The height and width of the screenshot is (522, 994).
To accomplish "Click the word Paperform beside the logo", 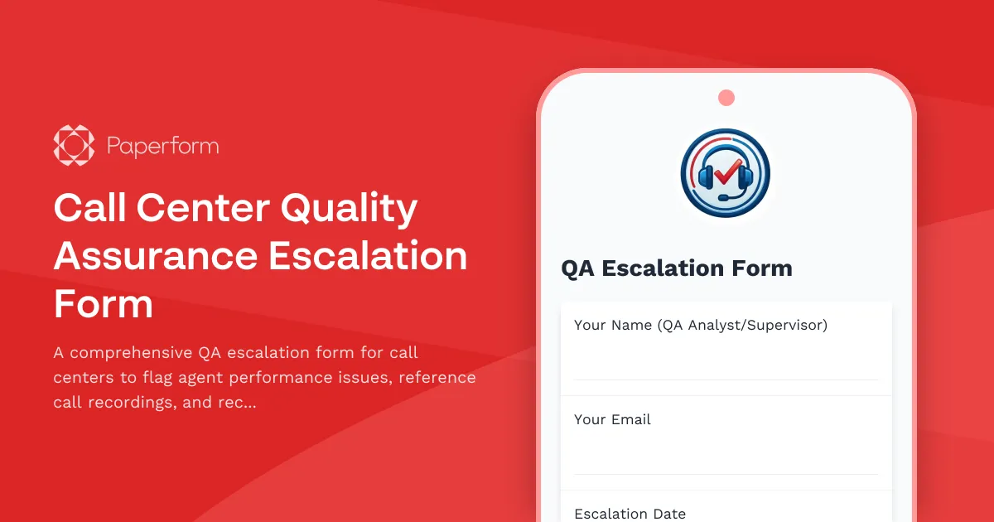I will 162,147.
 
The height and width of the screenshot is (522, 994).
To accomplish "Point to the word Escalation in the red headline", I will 368,256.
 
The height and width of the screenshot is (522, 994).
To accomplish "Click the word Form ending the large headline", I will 104,304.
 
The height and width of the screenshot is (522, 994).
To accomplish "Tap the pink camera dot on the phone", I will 726,98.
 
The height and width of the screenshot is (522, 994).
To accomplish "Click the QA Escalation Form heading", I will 677,268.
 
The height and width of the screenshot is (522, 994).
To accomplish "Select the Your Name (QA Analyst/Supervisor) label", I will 701,325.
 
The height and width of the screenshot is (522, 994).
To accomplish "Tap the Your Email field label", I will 612,419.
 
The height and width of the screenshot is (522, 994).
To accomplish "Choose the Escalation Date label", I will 630,514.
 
